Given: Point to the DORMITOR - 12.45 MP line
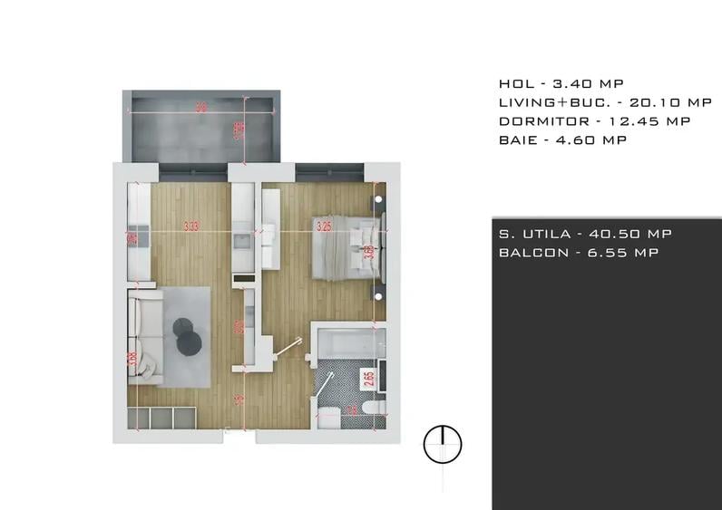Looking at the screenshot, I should (594, 120).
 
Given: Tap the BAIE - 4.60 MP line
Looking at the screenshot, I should (562, 140).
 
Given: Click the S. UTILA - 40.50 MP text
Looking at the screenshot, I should (585, 234).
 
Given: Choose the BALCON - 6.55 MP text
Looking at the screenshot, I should (578, 253).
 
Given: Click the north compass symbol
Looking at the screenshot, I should (444, 444).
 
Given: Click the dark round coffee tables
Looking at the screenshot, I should (187, 334).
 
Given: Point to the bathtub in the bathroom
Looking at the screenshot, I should (348, 345).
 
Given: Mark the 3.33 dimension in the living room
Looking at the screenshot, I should (190, 226).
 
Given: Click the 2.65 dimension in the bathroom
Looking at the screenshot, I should (368, 379).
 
